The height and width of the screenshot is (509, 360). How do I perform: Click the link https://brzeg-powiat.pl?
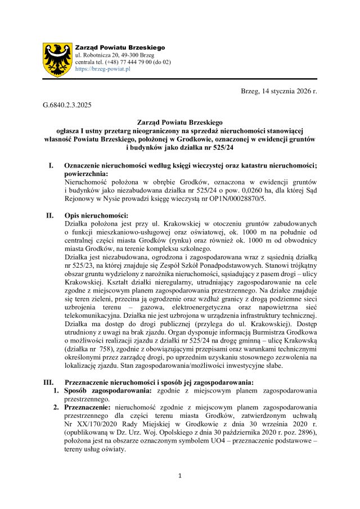click(102, 69)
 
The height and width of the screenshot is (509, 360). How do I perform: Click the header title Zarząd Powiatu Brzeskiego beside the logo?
click(120, 47)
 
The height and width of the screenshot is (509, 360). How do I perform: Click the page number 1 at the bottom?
click(179, 476)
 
